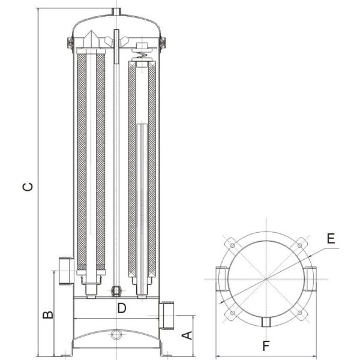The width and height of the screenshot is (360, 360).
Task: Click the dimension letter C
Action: click(x=28, y=187)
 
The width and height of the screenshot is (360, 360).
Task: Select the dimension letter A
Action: click(x=187, y=335)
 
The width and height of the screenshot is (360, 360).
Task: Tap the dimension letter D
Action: click(x=122, y=308)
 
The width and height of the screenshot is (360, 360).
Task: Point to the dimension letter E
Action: click(x=331, y=238)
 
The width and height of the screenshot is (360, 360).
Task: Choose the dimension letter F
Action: click(x=266, y=346)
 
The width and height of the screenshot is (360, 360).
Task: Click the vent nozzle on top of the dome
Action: click(x=116, y=11)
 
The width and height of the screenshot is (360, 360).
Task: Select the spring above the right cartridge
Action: click(x=142, y=55)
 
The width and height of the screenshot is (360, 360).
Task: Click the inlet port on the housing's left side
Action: click(x=66, y=271)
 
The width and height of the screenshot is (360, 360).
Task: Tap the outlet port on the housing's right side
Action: click(x=166, y=315)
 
